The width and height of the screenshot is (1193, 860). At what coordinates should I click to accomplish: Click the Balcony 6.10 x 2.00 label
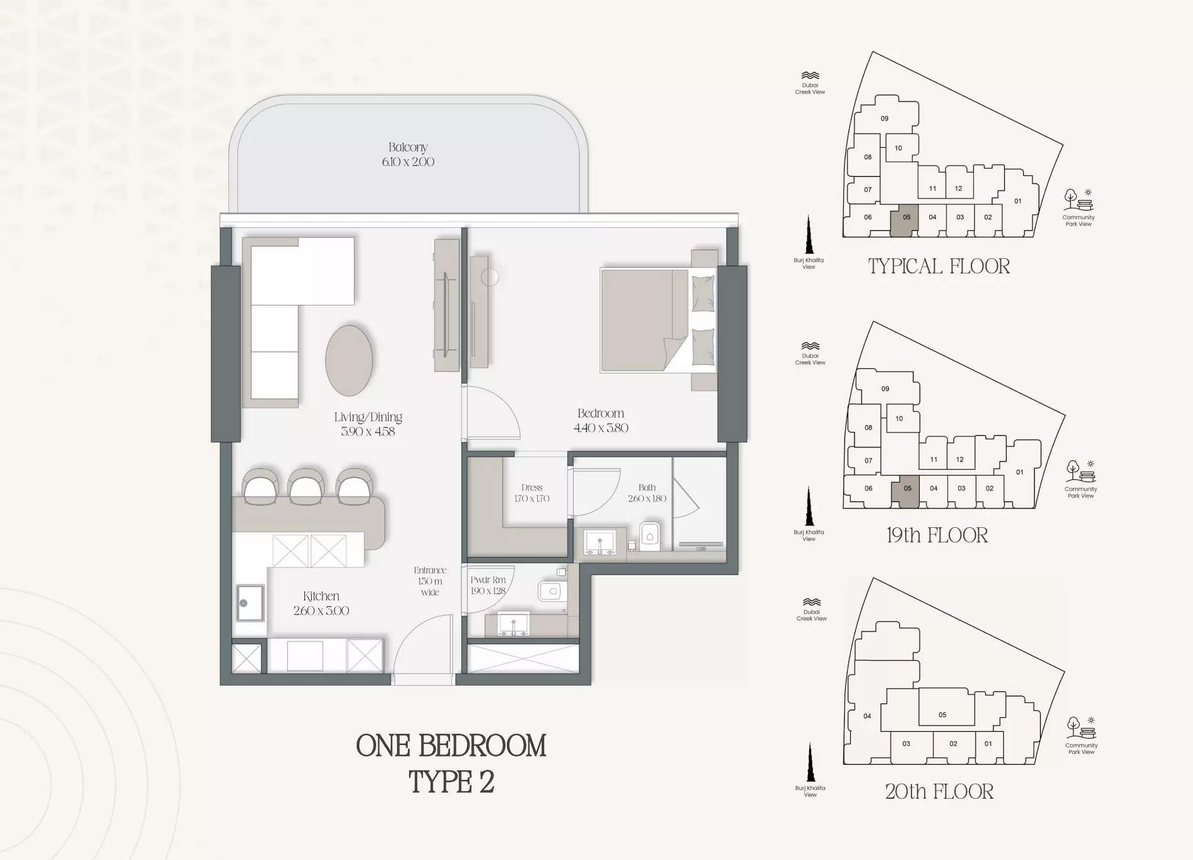408,155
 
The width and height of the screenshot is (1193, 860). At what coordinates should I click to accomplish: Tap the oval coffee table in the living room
348,361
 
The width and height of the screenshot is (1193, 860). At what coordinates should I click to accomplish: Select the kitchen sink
250,602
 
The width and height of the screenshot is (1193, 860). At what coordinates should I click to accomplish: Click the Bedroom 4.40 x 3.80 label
601,421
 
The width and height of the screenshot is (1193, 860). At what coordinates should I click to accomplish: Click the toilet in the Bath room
650,536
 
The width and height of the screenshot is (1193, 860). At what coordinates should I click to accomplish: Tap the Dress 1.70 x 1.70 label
531,493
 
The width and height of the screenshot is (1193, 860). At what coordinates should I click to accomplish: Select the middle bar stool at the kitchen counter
306,486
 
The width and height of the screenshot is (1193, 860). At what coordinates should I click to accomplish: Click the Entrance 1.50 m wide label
430,582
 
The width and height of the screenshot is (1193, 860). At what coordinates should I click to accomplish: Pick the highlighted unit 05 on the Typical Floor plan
904,220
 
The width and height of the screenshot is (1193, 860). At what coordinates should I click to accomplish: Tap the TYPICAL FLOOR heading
939,266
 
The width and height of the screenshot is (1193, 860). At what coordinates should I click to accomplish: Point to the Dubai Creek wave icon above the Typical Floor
810,75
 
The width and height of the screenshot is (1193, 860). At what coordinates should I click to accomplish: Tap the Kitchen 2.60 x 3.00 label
321,603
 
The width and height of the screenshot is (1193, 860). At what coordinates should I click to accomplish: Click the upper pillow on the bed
703,292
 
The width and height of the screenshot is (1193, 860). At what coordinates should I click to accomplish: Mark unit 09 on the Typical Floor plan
884,118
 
